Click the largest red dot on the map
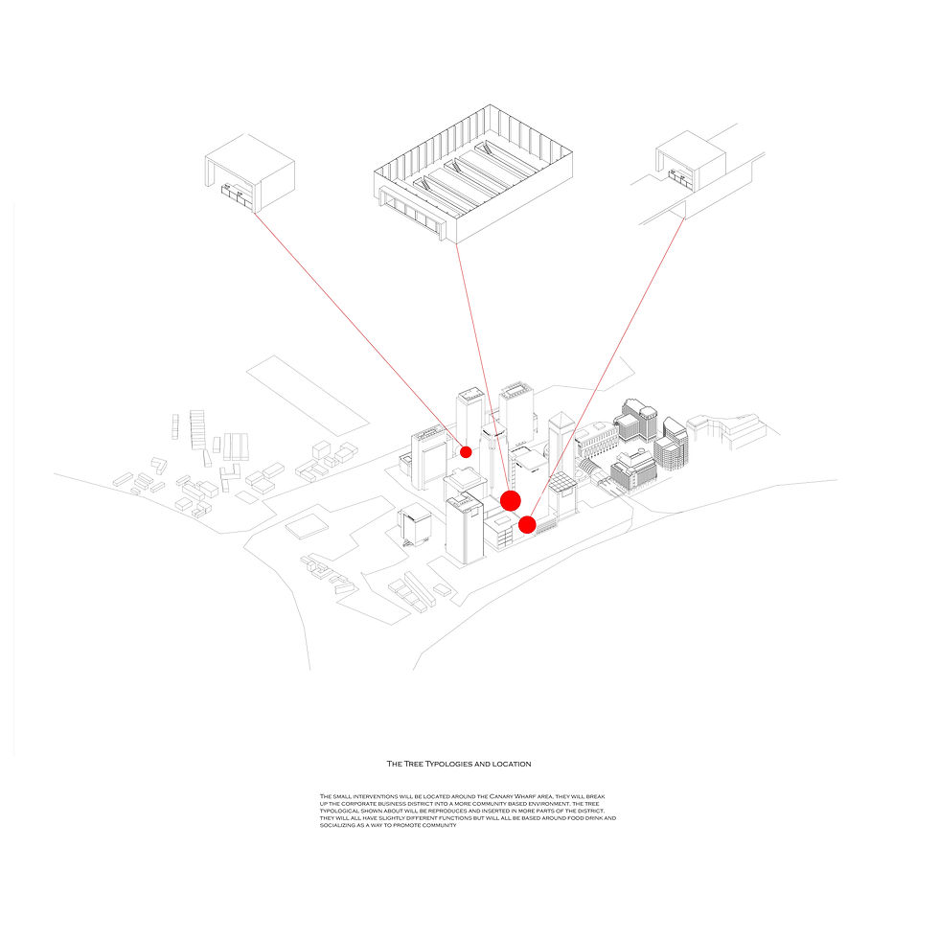coord(511,500)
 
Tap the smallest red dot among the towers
coord(467,451)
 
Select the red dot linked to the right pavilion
coord(527,524)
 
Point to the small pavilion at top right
coord(689,163)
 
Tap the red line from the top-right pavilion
coord(613,364)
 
